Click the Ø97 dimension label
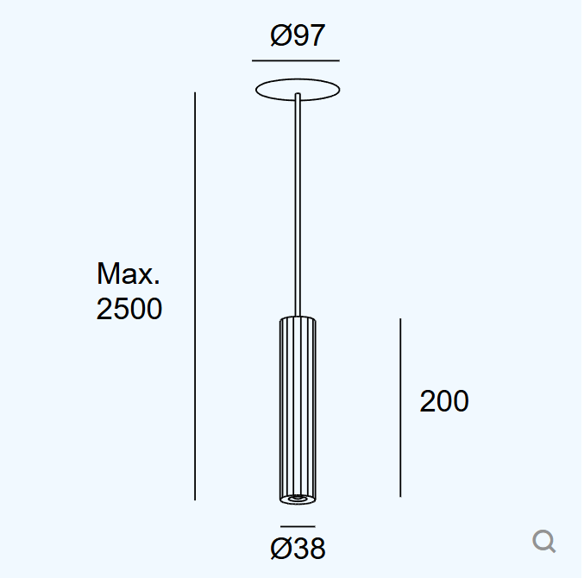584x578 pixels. click(x=298, y=35)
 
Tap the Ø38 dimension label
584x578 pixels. click(x=298, y=548)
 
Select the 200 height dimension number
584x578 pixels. click(x=444, y=401)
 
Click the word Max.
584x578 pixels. click(x=129, y=273)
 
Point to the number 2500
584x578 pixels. click(x=129, y=309)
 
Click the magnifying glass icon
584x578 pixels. click(x=543, y=541)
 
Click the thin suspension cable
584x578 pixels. click(x=298, y=204)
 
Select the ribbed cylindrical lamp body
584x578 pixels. click(x=298, y=410)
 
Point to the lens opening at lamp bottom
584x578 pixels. click(x=298, y=498)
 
